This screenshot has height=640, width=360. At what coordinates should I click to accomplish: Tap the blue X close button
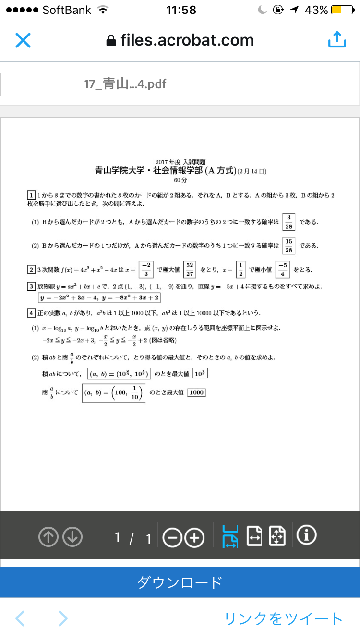23,40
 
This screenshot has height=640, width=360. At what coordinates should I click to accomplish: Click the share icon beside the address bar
337,40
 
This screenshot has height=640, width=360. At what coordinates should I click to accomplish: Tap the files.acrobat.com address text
187,40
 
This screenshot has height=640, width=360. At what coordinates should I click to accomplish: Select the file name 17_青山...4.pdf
125,84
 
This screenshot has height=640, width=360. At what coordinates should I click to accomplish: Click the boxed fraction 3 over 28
288,222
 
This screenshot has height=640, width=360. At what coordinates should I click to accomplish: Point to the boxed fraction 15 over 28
288,246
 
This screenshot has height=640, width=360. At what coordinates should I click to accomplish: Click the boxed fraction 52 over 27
190,270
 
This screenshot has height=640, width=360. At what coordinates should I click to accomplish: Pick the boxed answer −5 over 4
283,270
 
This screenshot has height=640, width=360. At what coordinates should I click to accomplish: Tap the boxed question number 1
31,195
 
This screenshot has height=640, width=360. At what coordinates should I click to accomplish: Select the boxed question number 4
31,313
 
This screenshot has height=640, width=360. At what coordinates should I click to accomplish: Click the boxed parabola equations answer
99,298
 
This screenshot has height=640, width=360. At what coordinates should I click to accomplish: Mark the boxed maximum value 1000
196,392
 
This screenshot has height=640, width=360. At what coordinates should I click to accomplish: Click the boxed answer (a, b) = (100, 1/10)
113,392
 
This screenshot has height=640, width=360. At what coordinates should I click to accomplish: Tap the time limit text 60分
180,181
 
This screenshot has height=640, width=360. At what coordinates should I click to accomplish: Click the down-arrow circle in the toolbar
72,537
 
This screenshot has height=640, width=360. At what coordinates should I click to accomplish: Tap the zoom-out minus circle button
172,537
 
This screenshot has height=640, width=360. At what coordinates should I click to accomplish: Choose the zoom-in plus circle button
194,537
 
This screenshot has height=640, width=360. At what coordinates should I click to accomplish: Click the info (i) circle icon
307,535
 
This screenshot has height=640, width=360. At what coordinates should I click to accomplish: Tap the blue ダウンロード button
180,582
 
